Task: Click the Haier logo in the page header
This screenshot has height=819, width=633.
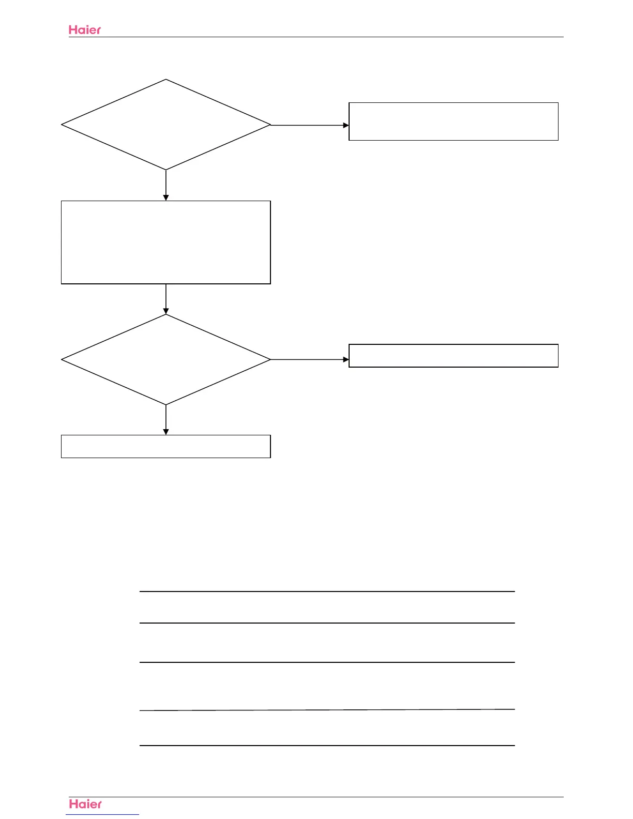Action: pos(85,30)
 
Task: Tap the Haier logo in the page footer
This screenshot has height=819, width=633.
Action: pos(85,804)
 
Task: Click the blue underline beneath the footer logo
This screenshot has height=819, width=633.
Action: pos(102,815)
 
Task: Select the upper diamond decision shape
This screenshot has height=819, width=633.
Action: pos(166,125)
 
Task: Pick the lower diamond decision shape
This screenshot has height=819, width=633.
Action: pos(166,360)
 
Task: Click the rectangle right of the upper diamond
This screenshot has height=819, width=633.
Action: pos(454,122)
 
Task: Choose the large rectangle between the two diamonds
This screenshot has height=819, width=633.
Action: pos(166,242)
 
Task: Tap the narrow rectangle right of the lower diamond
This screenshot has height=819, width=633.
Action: pos(454,356)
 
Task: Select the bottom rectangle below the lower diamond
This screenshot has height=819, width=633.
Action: pos(166,447)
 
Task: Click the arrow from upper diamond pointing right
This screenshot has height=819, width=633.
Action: pos(310,125)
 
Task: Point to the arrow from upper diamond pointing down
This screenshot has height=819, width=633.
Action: pos(166,185)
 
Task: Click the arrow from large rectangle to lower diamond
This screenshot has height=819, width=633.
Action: pos(166,299)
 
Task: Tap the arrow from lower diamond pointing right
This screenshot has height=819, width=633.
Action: pos(310,359)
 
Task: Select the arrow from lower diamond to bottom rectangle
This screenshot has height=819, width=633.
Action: pos(166,420)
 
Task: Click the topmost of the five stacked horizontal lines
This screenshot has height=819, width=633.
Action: pos(327,591)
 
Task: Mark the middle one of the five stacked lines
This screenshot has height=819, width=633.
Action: pos(327,662)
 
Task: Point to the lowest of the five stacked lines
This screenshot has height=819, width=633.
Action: pos(327,746)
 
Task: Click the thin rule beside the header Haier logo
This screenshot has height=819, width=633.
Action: pos(331,37)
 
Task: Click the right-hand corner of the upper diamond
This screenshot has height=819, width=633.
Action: pos(269,125)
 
